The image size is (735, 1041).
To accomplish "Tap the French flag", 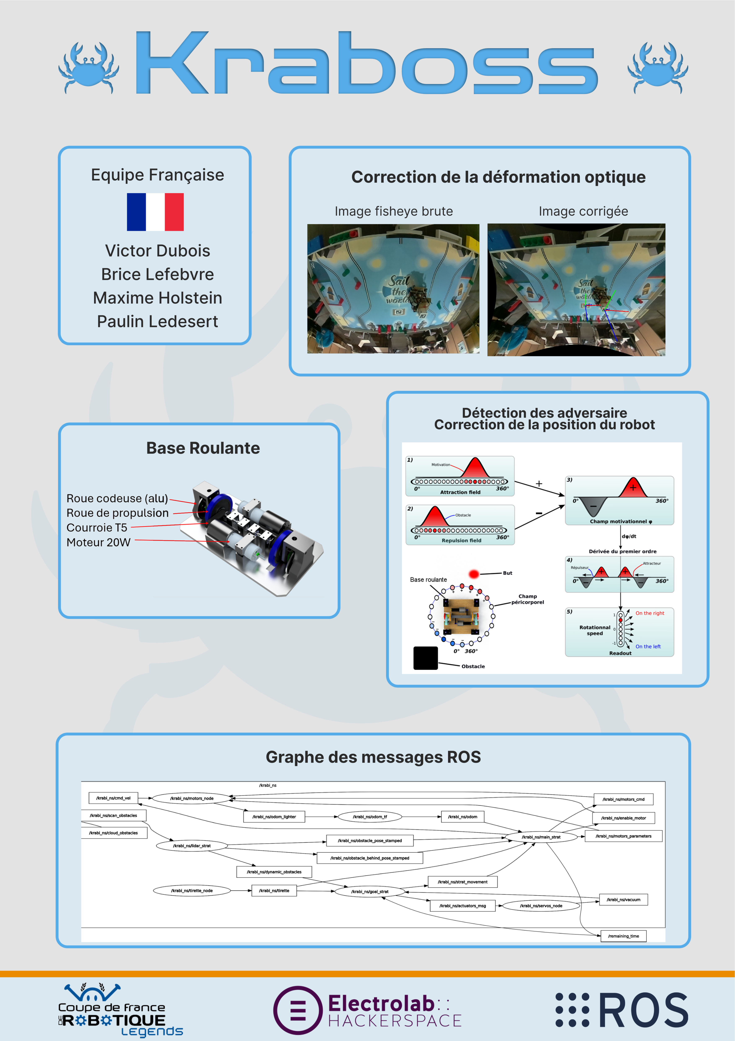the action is (155, 212).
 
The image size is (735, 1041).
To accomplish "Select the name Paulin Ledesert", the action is (157, 321).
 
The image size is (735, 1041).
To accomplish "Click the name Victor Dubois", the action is (157, 251).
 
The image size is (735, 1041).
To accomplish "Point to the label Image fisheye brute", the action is (394, 211).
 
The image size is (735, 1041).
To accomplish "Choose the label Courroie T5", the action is (97, 528).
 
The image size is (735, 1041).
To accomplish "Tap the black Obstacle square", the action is (425, 658).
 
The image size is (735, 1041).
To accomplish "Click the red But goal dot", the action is (474, 574).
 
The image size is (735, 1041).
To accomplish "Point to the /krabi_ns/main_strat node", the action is (541, 837).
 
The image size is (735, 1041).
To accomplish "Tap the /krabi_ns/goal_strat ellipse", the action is (369, 891).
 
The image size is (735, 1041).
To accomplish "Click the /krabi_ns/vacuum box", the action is (623, 900).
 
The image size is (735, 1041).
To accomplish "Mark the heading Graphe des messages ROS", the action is (373, 757).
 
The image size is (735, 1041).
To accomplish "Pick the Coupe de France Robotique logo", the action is (120, 1010).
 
